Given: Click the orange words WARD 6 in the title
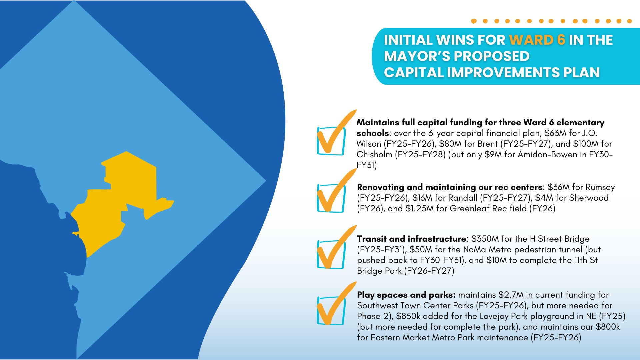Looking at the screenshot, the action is (x=537, y=40).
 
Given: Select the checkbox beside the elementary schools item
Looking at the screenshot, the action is (x=331, y=141).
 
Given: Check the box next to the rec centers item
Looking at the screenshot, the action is (x=331, y=198).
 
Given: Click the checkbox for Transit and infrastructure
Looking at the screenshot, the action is (x=331, y=254).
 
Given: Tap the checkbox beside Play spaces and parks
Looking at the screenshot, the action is (x=331, y=311).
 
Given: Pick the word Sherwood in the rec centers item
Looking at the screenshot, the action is (x=589, y=198).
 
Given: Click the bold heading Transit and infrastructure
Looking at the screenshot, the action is (x=411, y=239).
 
